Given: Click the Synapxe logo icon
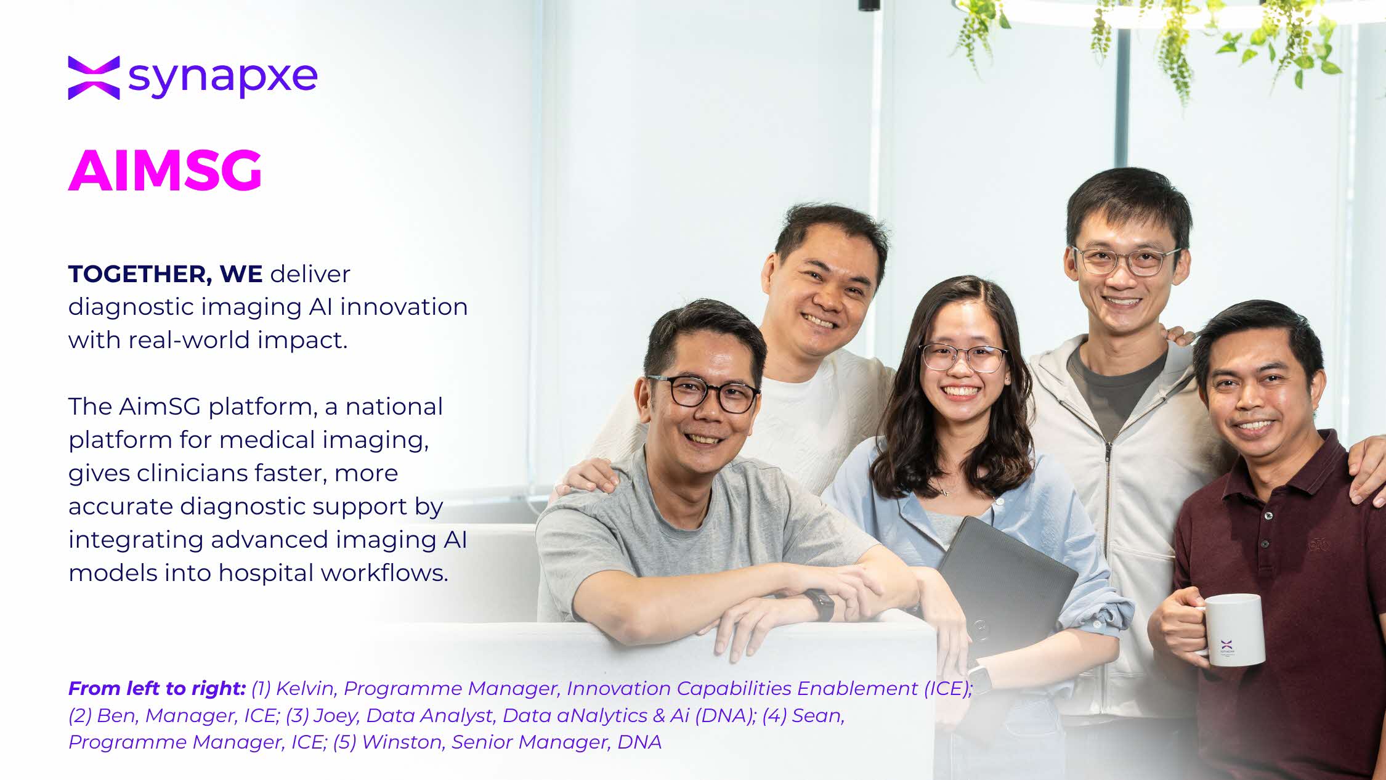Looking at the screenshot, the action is click(x=94, y=78).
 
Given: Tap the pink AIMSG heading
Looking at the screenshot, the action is click(x=165, y=170).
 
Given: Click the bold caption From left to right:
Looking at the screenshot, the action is click(x=157, y=688).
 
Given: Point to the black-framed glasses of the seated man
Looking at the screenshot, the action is click(x=703, y=393).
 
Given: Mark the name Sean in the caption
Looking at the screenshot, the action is click(x=818, y=715).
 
